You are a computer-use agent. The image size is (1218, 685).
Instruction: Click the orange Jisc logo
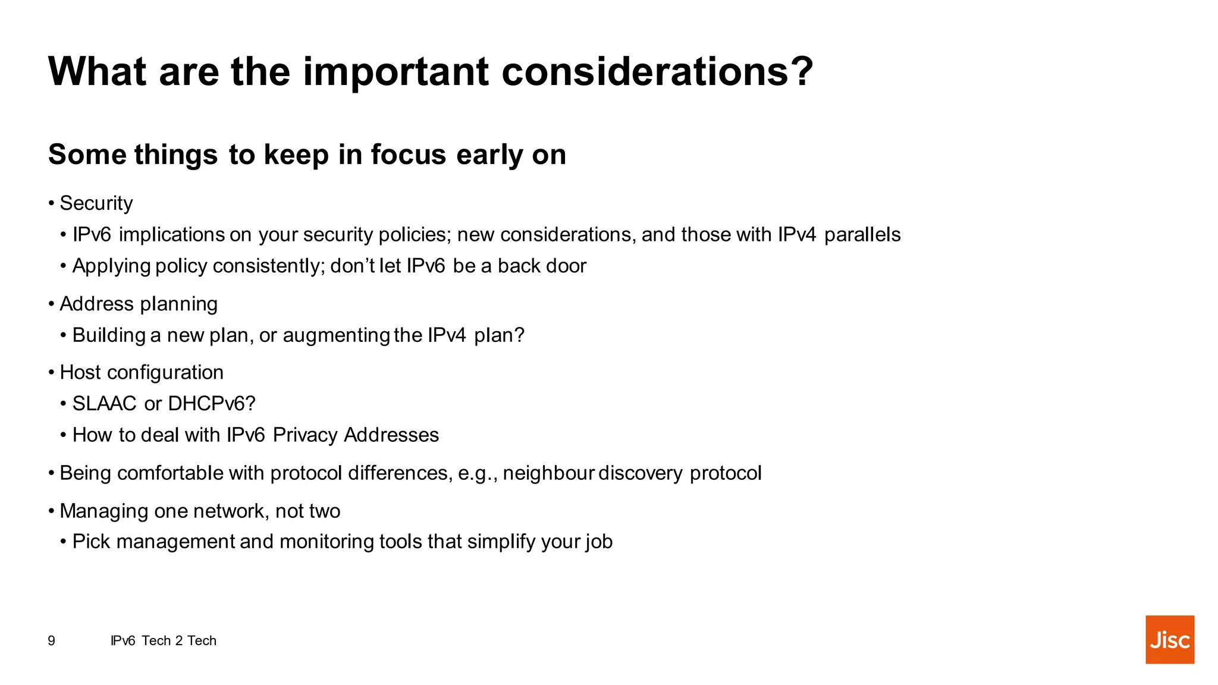[1169, 639]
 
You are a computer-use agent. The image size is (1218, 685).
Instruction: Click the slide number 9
[52, 640]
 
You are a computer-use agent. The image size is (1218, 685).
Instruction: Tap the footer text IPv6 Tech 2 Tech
[164, 640]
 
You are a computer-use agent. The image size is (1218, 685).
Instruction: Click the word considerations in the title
[657, 71]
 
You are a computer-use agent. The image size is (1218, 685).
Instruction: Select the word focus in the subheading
[408, 155]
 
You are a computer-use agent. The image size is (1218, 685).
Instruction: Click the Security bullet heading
[96, 203]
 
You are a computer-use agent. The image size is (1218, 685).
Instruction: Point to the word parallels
[862, 234]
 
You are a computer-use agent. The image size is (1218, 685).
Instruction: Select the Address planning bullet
[138, 304]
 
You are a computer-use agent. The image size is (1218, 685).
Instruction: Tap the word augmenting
[336, 335]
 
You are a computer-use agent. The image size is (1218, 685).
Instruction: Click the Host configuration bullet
[142, 372]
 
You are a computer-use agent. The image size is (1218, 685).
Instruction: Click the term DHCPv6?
[211, 404]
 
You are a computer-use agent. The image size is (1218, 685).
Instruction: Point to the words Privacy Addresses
[356, 435]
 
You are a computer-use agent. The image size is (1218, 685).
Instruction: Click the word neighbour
[548, 473]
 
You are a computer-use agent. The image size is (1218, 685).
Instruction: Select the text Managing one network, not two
[200, 511]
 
